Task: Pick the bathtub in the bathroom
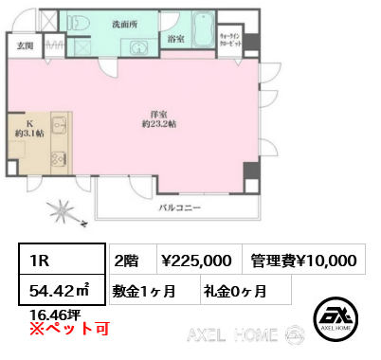(202, 29)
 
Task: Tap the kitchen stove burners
(56, 159)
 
